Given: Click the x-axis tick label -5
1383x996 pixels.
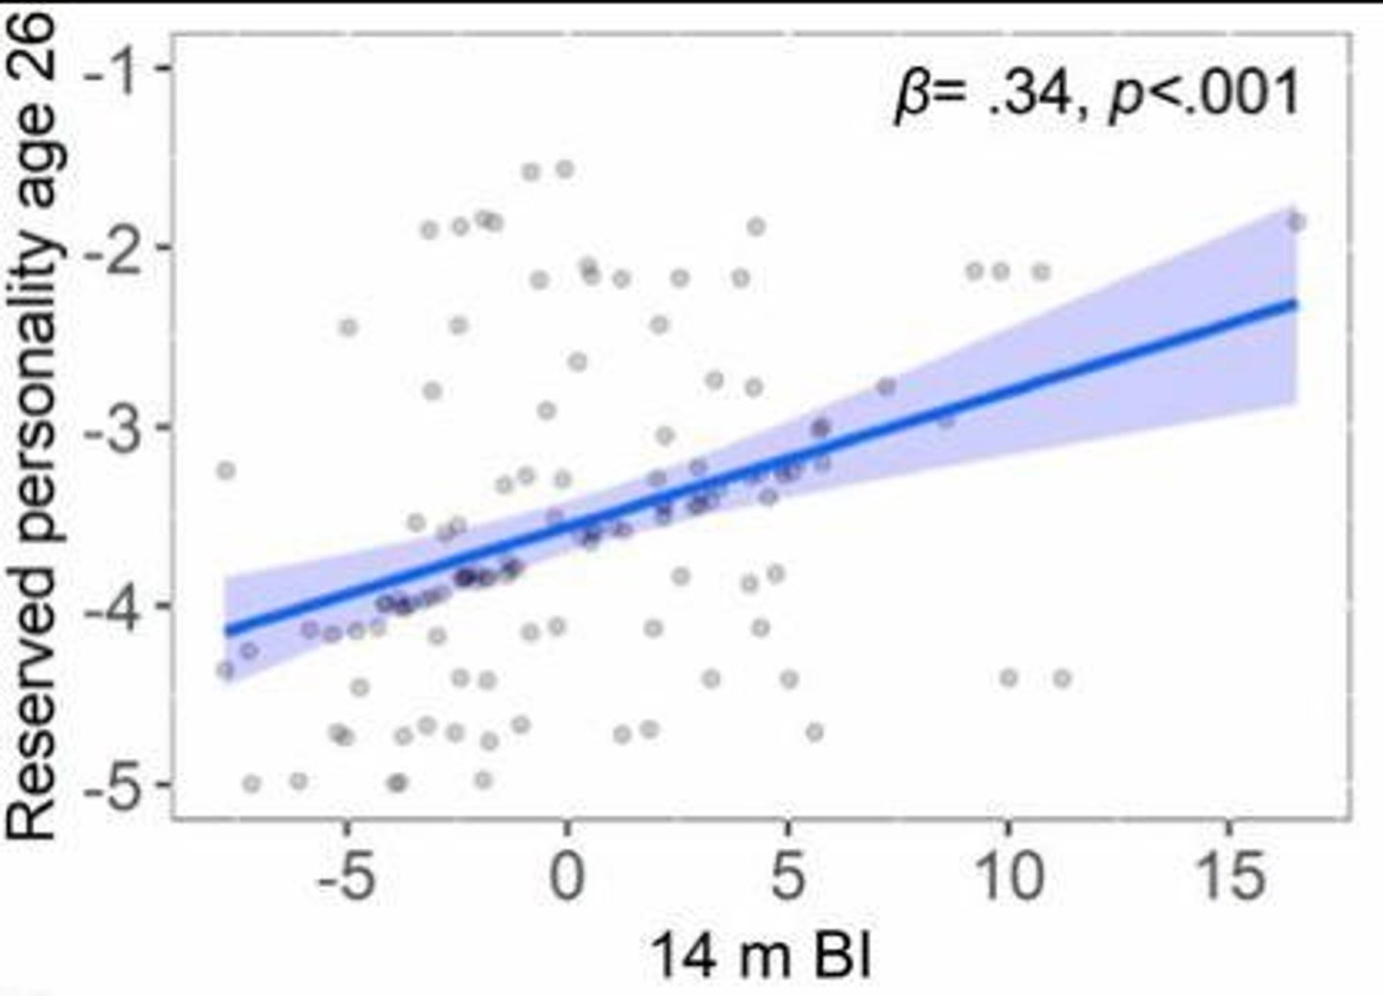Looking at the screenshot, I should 346,876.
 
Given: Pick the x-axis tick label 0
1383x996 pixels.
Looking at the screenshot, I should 567,876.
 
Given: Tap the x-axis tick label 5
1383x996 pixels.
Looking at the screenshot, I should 788,876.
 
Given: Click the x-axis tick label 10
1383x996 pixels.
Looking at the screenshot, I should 1007,876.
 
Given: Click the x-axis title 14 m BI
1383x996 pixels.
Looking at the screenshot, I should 762,957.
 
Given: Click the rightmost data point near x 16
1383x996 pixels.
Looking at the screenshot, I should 1296,222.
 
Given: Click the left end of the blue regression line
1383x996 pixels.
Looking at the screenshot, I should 227,631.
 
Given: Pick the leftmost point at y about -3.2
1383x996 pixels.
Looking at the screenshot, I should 226,471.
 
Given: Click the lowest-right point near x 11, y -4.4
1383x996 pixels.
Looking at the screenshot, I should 1061,678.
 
